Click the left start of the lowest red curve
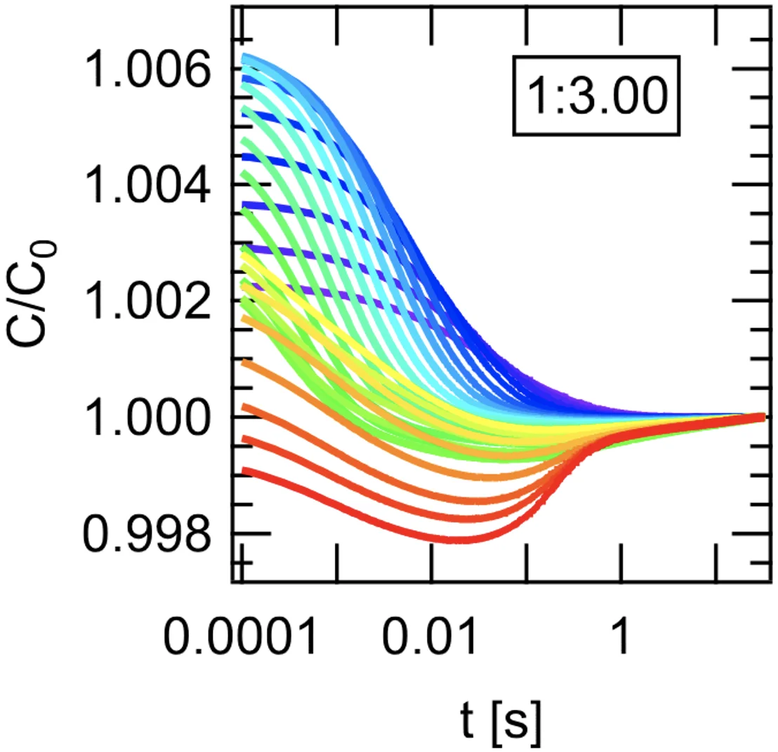pos(243,470)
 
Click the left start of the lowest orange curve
pos(243,363)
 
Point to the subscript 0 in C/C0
pos(50,251)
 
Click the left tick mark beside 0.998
pos(242,533)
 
